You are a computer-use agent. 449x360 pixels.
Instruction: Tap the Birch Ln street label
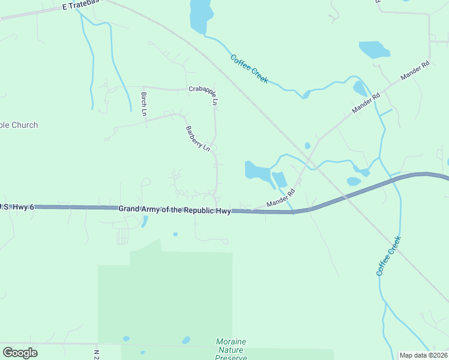coord(144,104)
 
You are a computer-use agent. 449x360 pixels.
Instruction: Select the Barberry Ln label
coord(197,138)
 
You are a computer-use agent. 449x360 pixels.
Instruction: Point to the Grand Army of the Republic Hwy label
coord(175,210)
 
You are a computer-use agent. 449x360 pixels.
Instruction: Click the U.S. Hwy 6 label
coord(17,207)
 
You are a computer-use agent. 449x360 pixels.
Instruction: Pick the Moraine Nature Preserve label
coord(231,349)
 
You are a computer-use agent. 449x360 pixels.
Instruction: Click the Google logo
coord(20,353)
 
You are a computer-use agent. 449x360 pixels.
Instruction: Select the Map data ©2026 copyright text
coord(424,355)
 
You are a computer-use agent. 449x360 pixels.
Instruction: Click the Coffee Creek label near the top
coord(249,68)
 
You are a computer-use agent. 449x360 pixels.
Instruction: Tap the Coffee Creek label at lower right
coord(388,256)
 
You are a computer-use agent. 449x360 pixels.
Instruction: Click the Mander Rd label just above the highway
coord(282,198)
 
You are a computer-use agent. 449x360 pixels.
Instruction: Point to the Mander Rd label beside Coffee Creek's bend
coord(367,104)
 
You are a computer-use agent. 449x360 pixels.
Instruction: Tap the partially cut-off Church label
coord(19,125)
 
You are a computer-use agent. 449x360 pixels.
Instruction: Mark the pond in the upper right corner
coord(374,49)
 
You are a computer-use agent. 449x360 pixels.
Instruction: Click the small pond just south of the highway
coord(144,221)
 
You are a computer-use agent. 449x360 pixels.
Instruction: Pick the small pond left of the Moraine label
coord(186,340)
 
